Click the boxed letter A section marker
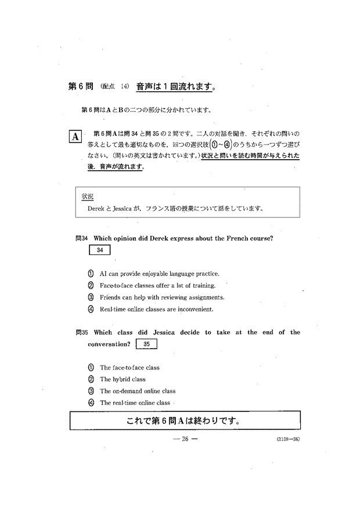(x=75, y=137)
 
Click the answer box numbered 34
(x=99, y=250)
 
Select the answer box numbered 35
(x=146, y=344)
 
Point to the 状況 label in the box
(x=88, y=196)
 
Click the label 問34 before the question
(x=81, y=238)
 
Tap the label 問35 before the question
(x=81, y=332)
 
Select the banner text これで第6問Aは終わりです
(x=184, y=420)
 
